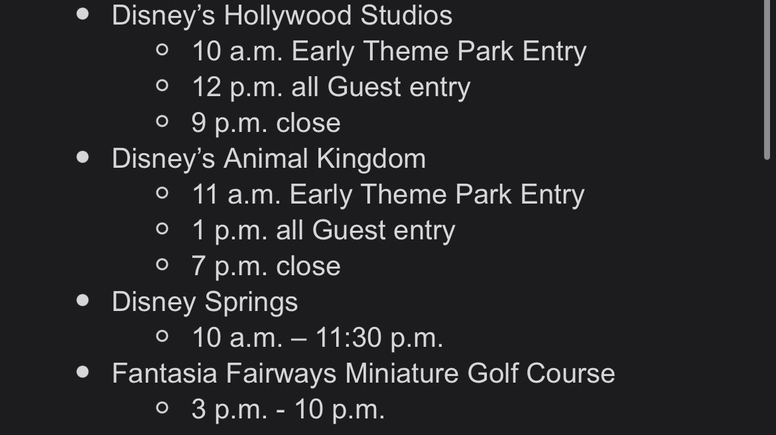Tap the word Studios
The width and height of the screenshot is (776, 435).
407,15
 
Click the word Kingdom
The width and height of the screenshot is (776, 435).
371,160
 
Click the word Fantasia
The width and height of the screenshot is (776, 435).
164,373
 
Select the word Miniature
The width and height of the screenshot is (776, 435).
402,373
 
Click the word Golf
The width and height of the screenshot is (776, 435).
492,373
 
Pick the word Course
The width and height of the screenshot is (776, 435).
570,373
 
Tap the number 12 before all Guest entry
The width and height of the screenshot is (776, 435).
206,88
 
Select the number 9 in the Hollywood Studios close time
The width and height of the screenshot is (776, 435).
198,123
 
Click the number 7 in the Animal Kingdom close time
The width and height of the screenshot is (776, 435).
198,267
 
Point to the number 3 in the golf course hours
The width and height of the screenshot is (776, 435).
198,410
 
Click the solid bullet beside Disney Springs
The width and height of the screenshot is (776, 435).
83,300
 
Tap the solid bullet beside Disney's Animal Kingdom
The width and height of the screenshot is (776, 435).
83,157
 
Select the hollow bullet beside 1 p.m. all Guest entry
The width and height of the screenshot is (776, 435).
162,229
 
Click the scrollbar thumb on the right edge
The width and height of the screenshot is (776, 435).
767,79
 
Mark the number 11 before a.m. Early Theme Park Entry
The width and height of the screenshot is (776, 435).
204,194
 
